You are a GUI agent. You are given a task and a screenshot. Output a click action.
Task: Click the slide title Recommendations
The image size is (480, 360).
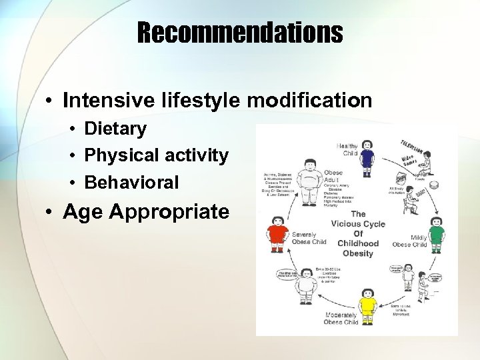240,31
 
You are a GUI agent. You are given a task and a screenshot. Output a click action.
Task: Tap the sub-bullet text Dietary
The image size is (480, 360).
115,129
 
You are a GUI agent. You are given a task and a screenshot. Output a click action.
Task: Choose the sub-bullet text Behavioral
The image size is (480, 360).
131,182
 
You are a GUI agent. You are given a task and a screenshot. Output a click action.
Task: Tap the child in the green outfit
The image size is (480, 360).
436,233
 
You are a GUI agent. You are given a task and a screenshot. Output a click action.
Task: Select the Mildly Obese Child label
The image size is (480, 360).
410,241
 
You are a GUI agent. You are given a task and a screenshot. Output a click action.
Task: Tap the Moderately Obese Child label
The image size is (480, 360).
341,318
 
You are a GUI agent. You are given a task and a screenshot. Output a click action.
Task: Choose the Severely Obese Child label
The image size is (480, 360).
309,238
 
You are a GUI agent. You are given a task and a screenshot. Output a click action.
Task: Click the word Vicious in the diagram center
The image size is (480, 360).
358,223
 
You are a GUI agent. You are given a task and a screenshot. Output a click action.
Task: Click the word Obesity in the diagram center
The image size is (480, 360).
357,253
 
